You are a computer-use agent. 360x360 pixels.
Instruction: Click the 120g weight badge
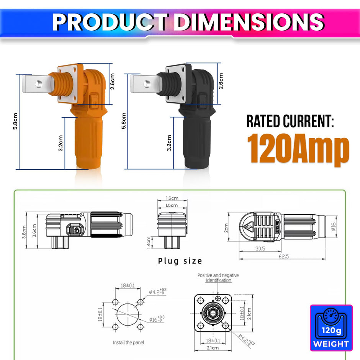pyautogui.click(x=331, y=328)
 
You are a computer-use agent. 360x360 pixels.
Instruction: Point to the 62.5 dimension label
pyautogui.click(x=283, y=256)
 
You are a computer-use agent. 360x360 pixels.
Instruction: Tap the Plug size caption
pyautogui.click(x=180, y=261)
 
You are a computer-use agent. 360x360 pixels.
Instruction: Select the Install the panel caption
pyautogui.click(x=129, y=342)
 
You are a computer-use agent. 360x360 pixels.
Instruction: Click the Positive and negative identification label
pyautogui.click(x=218, y=278)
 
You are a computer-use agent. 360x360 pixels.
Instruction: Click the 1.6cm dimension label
pyautogui.click(x=172, y=198)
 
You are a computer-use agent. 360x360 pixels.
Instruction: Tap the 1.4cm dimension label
pyautogui.click(x=149, y=242)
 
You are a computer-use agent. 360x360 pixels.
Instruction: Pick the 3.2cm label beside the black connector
pyautogui.click(x=169, y=142)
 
